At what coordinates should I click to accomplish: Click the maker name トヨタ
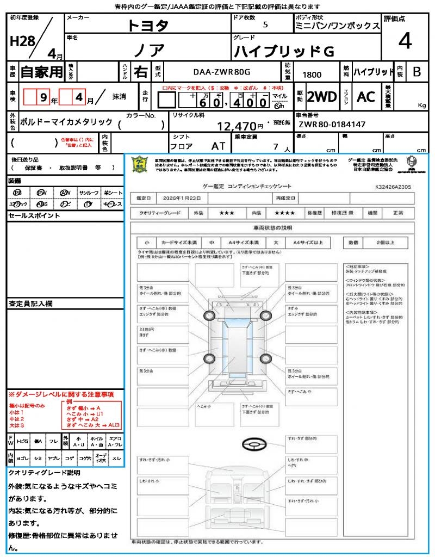[x=148, y=26]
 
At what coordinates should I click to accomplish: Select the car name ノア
[x=148, y=51]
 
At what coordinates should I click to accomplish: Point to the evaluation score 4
[x=405, y=41]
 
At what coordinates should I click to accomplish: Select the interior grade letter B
[x=417, y=72]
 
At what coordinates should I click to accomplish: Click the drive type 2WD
[x=321, y=97]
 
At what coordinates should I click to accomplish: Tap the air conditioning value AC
[x=366, y=97]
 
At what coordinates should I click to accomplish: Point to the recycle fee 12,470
[x=240, y=127]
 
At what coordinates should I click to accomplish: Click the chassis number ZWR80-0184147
[x=332, y=125]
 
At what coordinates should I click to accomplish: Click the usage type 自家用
[x=41, y=72]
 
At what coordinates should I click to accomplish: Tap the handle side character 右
[x=140, y=72]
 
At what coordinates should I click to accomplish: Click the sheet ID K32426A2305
[x=393, y=187]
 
